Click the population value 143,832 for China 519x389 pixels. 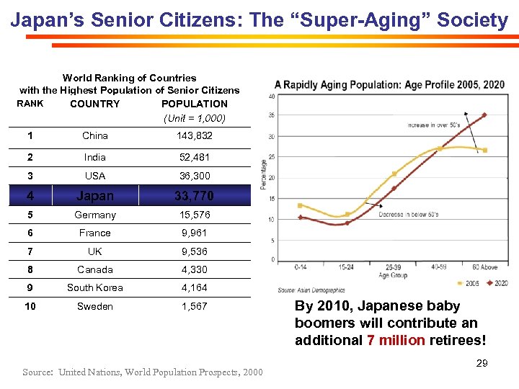coord(195,135)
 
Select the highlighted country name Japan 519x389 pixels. coord(95,195)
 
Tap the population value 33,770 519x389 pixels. coord(195,195)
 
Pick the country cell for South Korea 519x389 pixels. coord(95,287)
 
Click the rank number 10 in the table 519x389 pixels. coord(30,306)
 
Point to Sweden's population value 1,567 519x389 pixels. coord(195,306)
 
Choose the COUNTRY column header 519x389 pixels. coord(95,104)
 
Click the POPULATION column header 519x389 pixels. coord(195,104)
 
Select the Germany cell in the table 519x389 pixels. coord(95,215)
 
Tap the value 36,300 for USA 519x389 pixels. coord(195,176)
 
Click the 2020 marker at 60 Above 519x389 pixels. coord(484,115)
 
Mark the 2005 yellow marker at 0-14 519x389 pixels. coord(300,205)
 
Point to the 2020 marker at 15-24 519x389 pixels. coord(347,223)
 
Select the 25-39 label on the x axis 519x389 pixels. coord(394,268)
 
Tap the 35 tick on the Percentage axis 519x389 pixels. coord(271,115)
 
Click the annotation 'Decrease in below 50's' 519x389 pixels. coord(409,215)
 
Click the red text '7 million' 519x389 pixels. coord(396,340)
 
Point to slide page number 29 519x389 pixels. coord(482,363)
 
